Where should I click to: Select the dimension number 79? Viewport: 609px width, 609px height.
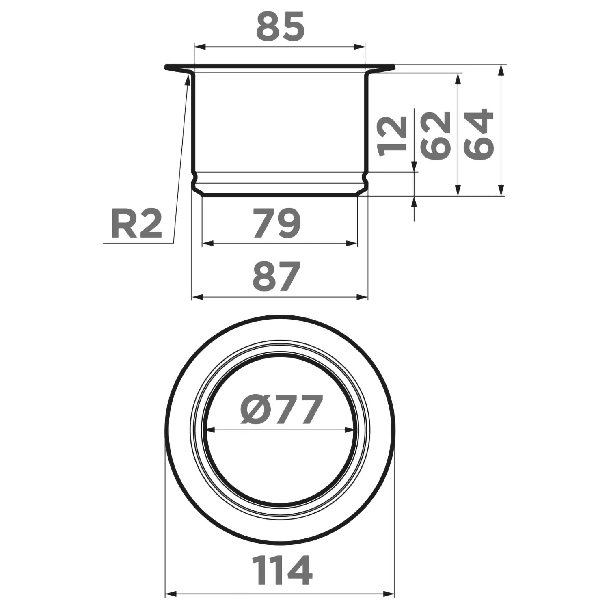pos(276,223)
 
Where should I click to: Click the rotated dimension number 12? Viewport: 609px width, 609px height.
pos(392,136)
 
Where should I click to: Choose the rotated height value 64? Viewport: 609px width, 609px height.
pos(479,134)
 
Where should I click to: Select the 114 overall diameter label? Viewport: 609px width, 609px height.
pos(282,570)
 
